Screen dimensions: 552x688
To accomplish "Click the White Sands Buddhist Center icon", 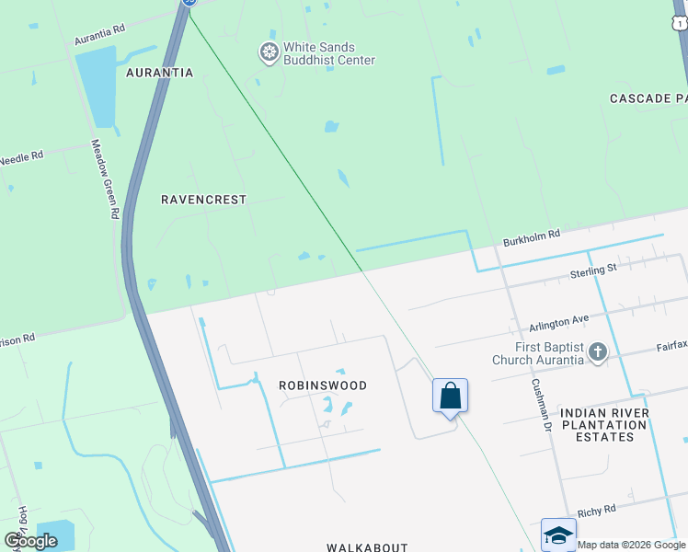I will (269, 52).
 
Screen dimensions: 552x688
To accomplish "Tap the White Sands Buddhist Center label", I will (328, 53).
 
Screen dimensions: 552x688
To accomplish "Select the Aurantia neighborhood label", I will (159, 72).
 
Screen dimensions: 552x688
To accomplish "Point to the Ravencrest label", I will (204, 199).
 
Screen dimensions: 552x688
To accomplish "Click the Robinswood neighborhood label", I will (323, 385).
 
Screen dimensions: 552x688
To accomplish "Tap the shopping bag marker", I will (451, 397).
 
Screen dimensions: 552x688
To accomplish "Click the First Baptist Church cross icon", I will (598, 351).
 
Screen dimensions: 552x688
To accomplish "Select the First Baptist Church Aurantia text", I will (538, 352).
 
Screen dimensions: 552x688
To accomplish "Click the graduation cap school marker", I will (558, 535).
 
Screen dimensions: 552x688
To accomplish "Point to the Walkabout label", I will (367, 546).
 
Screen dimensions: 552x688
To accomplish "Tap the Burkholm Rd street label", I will (532, 238).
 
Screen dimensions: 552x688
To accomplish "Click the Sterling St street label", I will (592, 270).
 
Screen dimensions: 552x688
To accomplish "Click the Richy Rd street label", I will (596, 510).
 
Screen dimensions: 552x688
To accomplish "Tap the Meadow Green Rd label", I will (104, 178).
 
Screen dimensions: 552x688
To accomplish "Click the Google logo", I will (30, 541).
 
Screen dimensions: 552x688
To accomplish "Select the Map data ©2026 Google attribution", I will (631, 545).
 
